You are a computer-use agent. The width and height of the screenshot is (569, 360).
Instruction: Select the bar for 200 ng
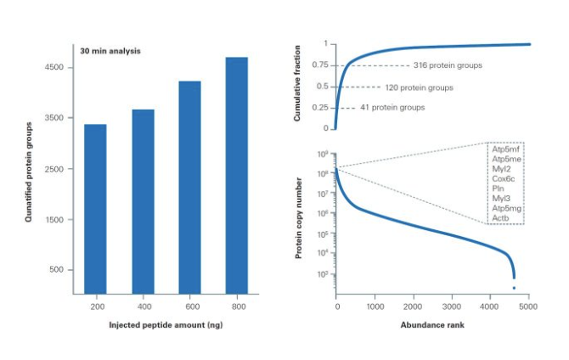tap(95, 211)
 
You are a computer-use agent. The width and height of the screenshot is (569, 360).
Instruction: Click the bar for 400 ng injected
tap(143, 203)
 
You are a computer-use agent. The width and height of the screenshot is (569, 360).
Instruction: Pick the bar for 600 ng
tap(189, 188)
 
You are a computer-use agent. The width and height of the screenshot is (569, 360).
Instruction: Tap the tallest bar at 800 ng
tap(236, 177)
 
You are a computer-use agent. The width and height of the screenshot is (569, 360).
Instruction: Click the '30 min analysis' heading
tap(110, 51)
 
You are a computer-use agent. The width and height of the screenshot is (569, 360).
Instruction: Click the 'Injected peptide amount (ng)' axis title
tap(166, 326)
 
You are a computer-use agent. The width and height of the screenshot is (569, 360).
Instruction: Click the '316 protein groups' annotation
tap(448, 65)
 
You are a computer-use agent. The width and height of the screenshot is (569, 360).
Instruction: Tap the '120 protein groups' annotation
tap(419, 87)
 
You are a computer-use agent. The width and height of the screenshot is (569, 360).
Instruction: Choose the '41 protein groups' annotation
tap(392, 108)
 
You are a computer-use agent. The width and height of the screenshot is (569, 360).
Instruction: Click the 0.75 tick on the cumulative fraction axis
tap(320, 65)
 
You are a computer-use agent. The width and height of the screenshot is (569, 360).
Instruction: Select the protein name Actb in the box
tap(501, 218)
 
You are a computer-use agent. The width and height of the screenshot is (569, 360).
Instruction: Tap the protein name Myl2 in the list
tap(502, 168)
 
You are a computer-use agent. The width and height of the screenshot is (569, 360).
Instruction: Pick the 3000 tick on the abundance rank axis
tap(452, 306)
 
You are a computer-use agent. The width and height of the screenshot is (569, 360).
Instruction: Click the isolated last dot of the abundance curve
tap(514, 289)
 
